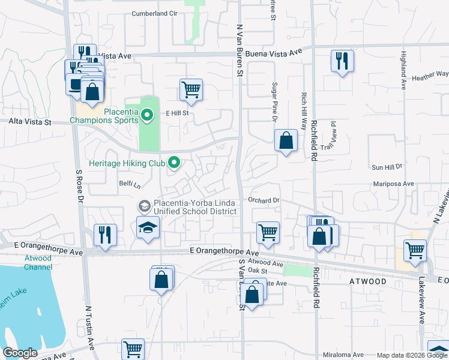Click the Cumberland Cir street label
pos(155,13)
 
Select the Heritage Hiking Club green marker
pos(174,163)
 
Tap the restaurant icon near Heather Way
pos(342,61)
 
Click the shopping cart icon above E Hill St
pos(191,90)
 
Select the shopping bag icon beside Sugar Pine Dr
pos(286,141)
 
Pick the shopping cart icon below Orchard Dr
pos(268,232)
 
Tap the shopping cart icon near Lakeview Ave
pos(415,250)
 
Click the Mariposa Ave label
pos(394,184)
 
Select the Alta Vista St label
pos(30,121)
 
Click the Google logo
pos(20,353)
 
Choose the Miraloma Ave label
pos(343,355)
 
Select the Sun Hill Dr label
pos(386,166)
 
